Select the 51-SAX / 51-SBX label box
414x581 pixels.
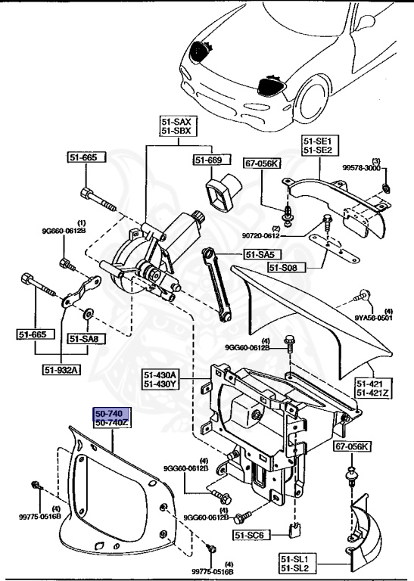(x=178, y=126)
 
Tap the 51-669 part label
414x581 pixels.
(x=207, y=160)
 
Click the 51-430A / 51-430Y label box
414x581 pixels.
(x=160, y=378)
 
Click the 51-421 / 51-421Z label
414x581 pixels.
(x=372, y=388)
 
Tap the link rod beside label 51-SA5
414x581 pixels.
(x=219, y=287)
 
